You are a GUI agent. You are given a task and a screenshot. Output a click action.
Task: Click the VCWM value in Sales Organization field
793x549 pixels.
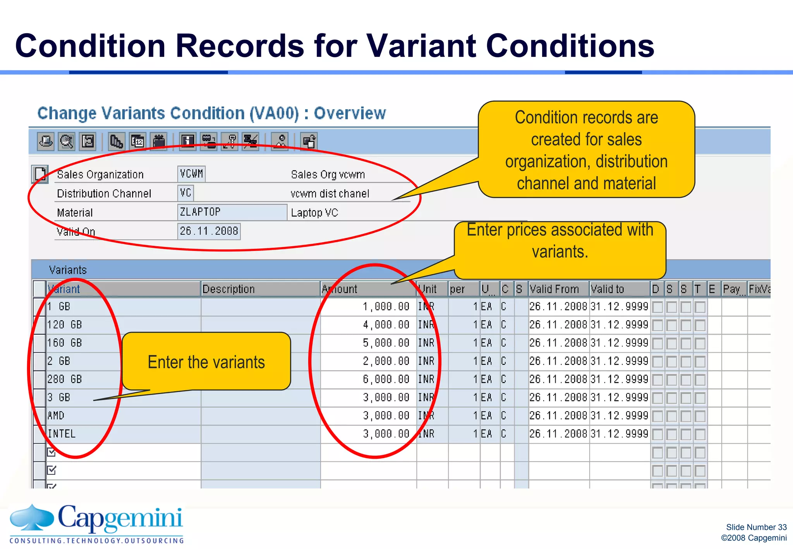click(191, 174)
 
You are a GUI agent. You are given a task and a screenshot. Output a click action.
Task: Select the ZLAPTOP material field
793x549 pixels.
click(232, 212)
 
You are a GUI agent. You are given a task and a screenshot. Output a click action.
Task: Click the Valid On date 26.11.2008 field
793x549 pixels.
click(209, 231)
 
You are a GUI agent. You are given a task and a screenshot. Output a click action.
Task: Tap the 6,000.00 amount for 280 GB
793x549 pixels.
click(386, 379)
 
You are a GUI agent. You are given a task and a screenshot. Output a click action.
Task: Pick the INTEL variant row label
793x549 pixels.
click(62, 434)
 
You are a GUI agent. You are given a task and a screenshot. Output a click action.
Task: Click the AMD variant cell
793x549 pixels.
click(56, 415)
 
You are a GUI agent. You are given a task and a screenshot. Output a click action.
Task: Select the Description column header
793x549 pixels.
click(228, 289)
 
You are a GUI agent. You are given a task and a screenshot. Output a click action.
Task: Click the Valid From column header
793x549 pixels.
click(554, 289)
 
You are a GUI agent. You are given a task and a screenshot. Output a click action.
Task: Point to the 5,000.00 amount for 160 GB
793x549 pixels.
click(386, 343)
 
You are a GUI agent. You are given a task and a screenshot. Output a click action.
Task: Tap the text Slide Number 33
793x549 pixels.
click(756, 527)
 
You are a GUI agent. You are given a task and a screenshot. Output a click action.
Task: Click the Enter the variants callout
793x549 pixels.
click(206, 362)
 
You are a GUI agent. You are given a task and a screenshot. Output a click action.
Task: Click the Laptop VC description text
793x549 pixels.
click(314, 213)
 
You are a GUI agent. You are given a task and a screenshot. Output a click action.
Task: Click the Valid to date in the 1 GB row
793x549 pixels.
click(619, 307)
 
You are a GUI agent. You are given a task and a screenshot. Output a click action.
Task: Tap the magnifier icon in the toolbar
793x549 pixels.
click(67, 141)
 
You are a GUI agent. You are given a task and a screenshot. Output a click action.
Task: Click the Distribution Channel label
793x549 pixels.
click(104, 193)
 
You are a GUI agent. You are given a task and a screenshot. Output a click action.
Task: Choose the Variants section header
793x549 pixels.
click(68, 270)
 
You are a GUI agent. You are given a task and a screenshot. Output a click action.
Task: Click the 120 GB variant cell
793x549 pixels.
click(65, 324)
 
